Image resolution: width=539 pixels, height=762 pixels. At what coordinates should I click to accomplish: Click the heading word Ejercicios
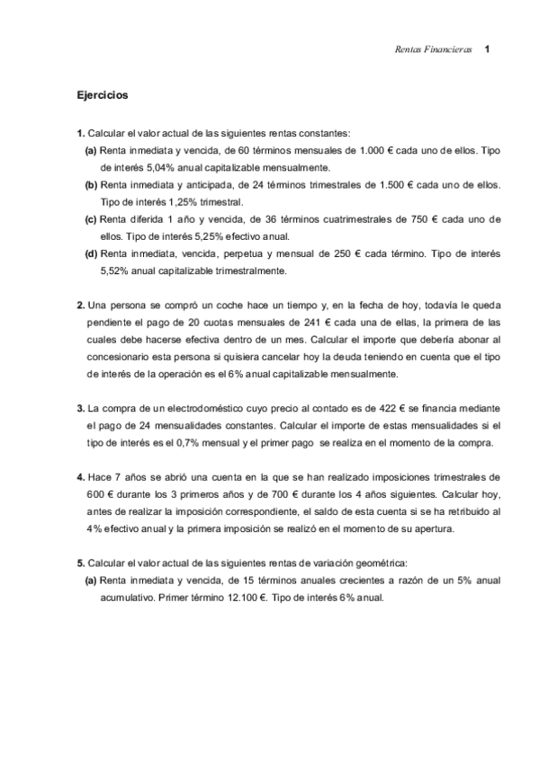pyautogui.click(x=103, y=93)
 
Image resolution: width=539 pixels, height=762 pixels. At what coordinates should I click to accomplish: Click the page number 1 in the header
pyautogui.click(x=487, y=49)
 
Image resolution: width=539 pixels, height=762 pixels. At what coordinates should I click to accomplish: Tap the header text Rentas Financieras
pyautogui.click(x=434, y=49)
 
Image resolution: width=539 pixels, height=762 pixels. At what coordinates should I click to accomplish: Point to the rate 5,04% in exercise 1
pyautogui.click(x=153, y=167)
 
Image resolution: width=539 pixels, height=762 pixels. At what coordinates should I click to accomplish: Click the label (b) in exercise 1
pyautogui.click(x=91, y=184)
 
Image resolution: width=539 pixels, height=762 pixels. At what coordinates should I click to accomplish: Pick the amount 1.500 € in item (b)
pyautogui.click(x=407, y=184)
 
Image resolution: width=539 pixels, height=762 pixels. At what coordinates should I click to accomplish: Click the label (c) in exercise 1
pyautogui.click(x=91, y=218)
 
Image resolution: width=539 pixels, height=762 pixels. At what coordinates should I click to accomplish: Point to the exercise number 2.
pyautogui.click(x=80, y=305)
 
